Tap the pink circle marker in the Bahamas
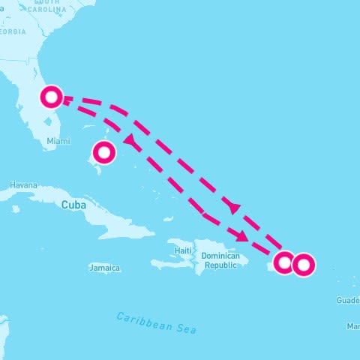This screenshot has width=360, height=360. pos(104,153)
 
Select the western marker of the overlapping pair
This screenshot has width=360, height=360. pos(284,262)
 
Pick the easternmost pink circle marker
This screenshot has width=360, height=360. pos(304,265)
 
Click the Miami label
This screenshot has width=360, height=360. pos(58,141)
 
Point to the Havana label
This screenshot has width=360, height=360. pos(23,185)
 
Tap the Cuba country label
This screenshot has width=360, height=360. pos(73,205)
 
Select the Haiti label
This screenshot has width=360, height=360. pos(184,250)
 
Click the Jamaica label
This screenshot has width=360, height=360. pos(104,268)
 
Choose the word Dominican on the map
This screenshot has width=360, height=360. pos(220,256)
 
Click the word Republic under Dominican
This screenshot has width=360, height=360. pos(221,265)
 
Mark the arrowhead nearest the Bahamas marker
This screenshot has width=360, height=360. pos(129,139)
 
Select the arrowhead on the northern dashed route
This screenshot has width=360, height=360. pos(235,208)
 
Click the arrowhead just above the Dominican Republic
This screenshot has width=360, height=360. pos(241,236)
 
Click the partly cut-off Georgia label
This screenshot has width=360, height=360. pos(12,31)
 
